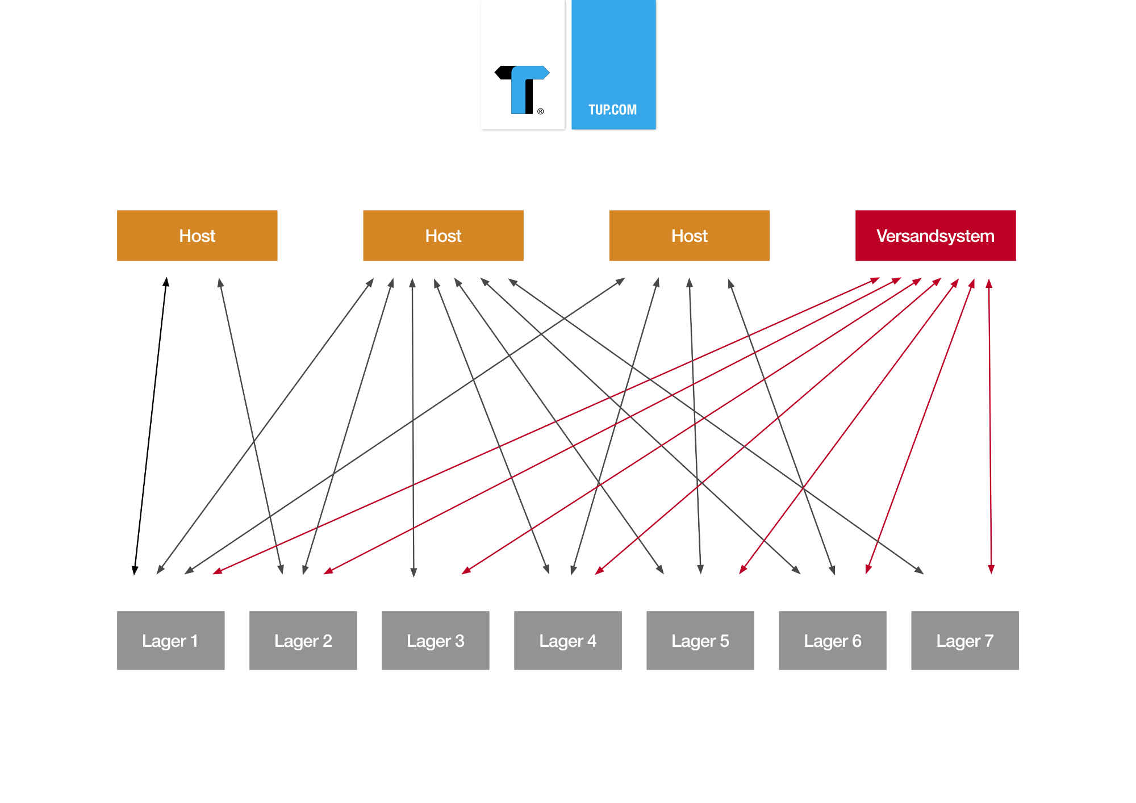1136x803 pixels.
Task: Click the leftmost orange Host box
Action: pyautogui.click(x=197, y=236)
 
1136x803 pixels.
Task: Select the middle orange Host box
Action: pyautogui.click(x=443, y=236)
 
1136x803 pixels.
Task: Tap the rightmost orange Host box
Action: pyautogui.click(x=689, y=236)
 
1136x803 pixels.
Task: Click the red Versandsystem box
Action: pyautogui.click(x=935, y=236)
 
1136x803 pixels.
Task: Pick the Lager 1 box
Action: pyautogui.click(x=170, y=641)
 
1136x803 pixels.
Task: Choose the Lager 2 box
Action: pyautogui.click(x=303, y=641)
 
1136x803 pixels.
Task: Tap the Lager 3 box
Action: pyautogui.click(x=435, y=641)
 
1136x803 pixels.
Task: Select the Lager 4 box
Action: pyautogui.click(x=567, y=641)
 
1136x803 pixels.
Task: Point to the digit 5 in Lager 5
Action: pyautogui.click(x=724, y=641)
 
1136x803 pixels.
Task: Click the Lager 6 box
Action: pyautogui.click(x=832, y=641)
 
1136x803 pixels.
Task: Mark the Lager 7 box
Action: pyautogui.click(x=964, y=641)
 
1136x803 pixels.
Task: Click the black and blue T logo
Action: pyautogui.click(x=522, y=90)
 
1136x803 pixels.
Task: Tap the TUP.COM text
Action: pyautogui.click(x=612, y=110)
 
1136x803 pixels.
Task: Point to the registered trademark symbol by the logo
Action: pyautogui.click(x=540, y=111)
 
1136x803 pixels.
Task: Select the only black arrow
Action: pyautogui.click(x=151, y=426)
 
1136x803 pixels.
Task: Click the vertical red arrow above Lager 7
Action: pyautogui.click(x=990, y=426)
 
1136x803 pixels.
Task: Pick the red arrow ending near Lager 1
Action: pyautogui.click(x=546, y=426)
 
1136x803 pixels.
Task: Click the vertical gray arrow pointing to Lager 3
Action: pyautogui.click(x=413, y=428)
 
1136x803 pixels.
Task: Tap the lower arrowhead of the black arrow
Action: pyautogui.click(x=135, y=570)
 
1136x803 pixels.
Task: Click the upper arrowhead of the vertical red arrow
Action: pyautogui.click(x=989, y=283)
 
